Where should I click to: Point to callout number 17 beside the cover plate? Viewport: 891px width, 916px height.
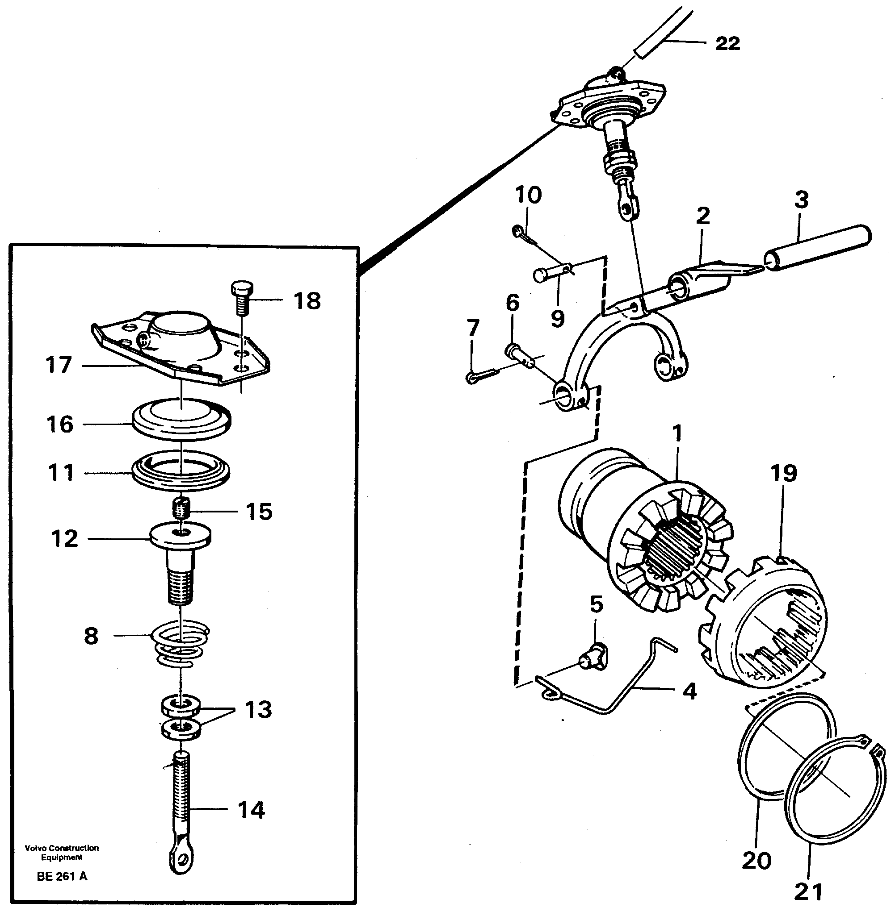click(59, 365)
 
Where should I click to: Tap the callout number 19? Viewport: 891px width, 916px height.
click(784, 473)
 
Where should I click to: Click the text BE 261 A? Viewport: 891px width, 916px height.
click(62, 876)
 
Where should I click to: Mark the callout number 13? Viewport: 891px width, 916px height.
click(258, 709)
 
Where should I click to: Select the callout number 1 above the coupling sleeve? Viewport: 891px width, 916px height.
click(677, 433)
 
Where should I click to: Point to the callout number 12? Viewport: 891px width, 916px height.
click(64, 539)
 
